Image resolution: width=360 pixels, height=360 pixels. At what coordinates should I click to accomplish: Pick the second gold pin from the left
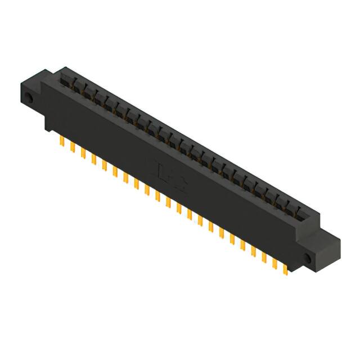(x=73, y=147)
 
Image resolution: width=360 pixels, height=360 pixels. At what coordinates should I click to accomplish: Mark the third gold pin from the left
(x=83, y=153)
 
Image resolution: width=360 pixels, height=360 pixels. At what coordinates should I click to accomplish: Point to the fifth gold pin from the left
(x=104, y=164)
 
